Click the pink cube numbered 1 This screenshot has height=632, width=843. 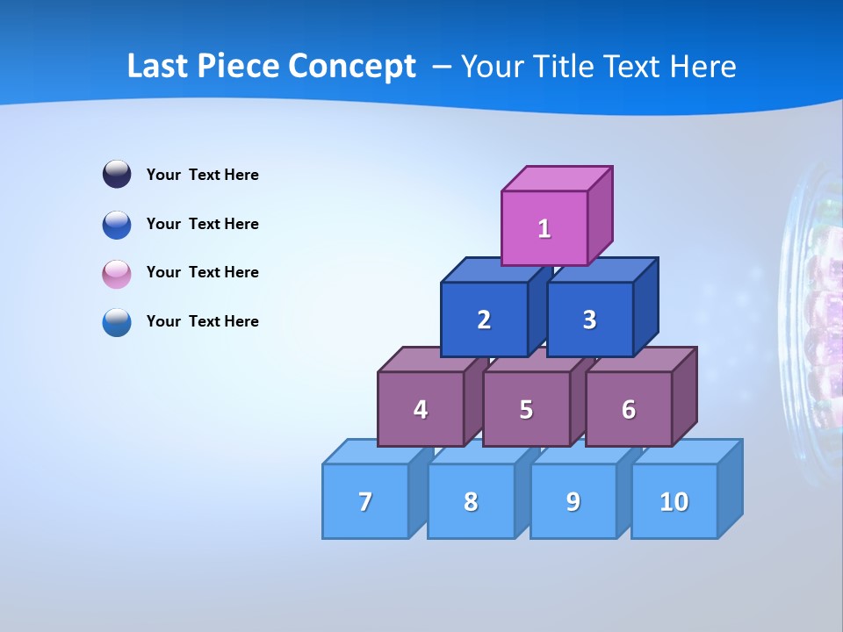[544, 228]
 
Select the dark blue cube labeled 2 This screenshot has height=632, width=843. [484, 320]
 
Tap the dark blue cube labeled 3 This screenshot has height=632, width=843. [589, 320]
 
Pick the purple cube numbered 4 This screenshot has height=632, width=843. [421, 409]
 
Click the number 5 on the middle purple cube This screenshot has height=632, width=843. [526, 410]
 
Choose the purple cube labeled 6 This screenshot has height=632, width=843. [629, 409]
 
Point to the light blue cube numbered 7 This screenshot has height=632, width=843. [365, 501]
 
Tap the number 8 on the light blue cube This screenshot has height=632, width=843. [471, 502]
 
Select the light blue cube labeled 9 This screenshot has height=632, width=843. [573, 501]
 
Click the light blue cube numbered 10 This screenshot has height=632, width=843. [674, 501]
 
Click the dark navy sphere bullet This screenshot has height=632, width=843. [117, 174]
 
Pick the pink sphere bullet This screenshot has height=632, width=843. [117, 273]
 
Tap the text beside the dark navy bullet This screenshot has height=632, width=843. [203, 175]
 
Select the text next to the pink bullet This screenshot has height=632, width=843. [203, 272]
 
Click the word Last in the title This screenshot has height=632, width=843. [158, 67]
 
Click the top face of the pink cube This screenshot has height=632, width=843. [558, 178]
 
